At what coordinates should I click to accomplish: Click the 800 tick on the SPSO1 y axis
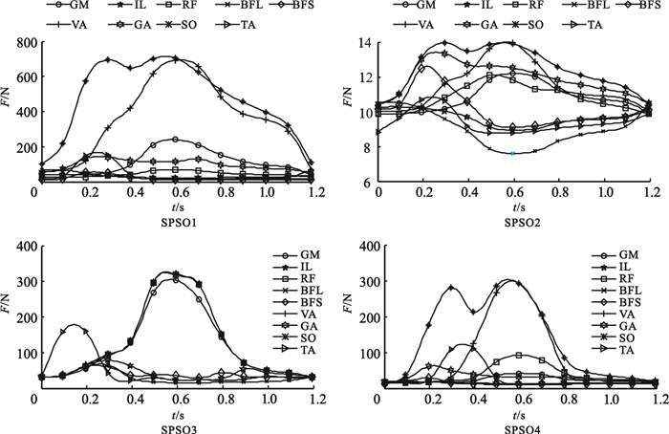point(18,44)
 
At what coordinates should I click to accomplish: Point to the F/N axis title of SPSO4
point(350,315)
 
